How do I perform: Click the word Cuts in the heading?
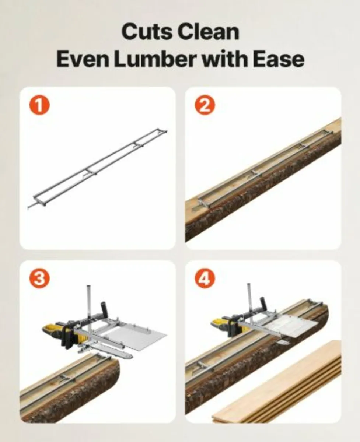(x=147, y=32)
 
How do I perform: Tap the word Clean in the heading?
(x=208, y=32)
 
